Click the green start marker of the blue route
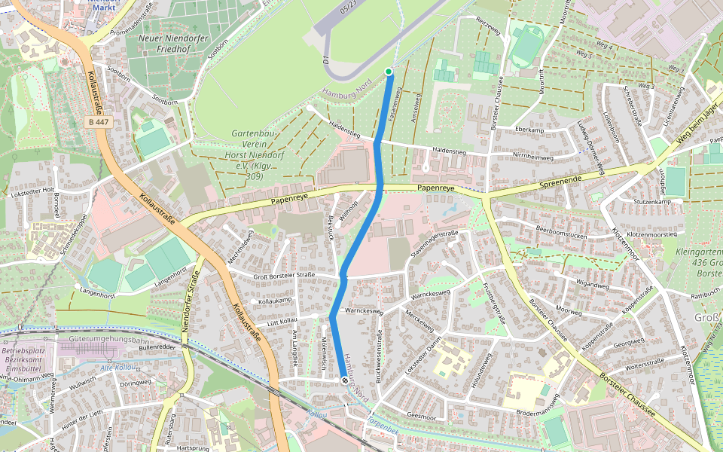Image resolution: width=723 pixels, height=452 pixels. pyautogui.click(x=389, y=72)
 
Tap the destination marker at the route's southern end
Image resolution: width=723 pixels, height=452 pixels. pyautogui.click(x=344, y=381)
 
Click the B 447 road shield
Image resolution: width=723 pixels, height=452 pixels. pyautogui.click(x=98, y=121)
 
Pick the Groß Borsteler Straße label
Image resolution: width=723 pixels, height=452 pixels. pyautogui.click(x=284, y=275)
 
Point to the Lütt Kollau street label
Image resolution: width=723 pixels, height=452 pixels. pyautogui.click(x=283, y=322)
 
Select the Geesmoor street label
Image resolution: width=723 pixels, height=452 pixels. pyautogui.click(x=421, y=415)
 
